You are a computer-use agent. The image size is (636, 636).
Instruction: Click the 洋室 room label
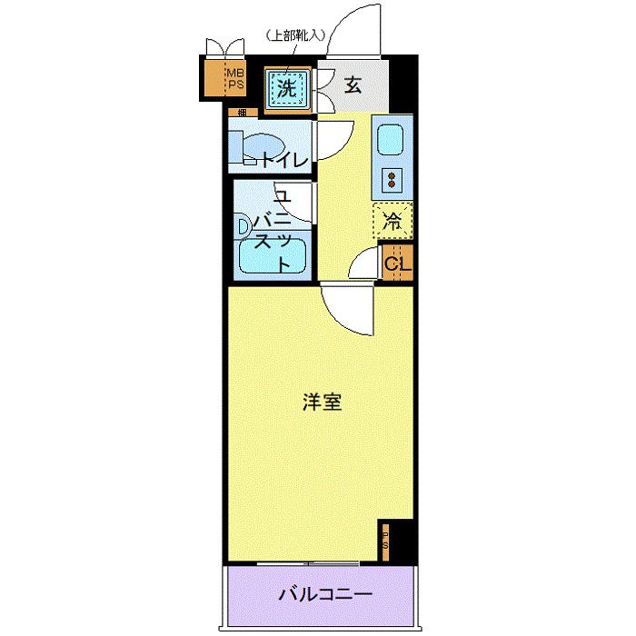[323, 402]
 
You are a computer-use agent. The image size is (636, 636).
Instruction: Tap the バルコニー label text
[324, 596]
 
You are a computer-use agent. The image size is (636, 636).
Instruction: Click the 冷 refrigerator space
[393, 219]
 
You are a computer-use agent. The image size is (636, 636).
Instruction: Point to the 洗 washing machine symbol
[286, 89]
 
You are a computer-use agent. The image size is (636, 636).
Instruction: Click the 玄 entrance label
[353, 87]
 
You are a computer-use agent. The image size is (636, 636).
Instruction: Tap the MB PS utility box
[235, 79]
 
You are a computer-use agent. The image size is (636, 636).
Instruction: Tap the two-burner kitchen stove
[392, 178]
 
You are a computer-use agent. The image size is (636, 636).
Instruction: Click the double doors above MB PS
[224, 47]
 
